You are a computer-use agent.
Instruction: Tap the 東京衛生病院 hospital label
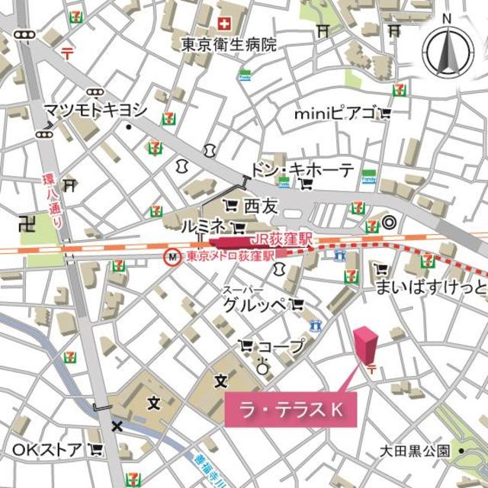coord(229,45)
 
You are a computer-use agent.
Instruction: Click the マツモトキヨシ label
coord(95,110)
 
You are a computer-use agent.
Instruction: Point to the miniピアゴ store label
coord(336,114)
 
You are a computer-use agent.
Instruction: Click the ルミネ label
coord(202,226)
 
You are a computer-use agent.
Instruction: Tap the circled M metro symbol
coord(173,258)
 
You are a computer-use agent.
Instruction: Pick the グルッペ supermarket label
coord(255,305)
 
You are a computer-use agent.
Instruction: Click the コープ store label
coord(281,346)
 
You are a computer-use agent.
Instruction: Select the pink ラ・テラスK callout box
coord(289,410)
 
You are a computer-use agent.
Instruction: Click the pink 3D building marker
coord(366,345)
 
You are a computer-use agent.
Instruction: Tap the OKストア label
coord(47,449)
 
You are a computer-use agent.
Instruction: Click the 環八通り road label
coord(54,201)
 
